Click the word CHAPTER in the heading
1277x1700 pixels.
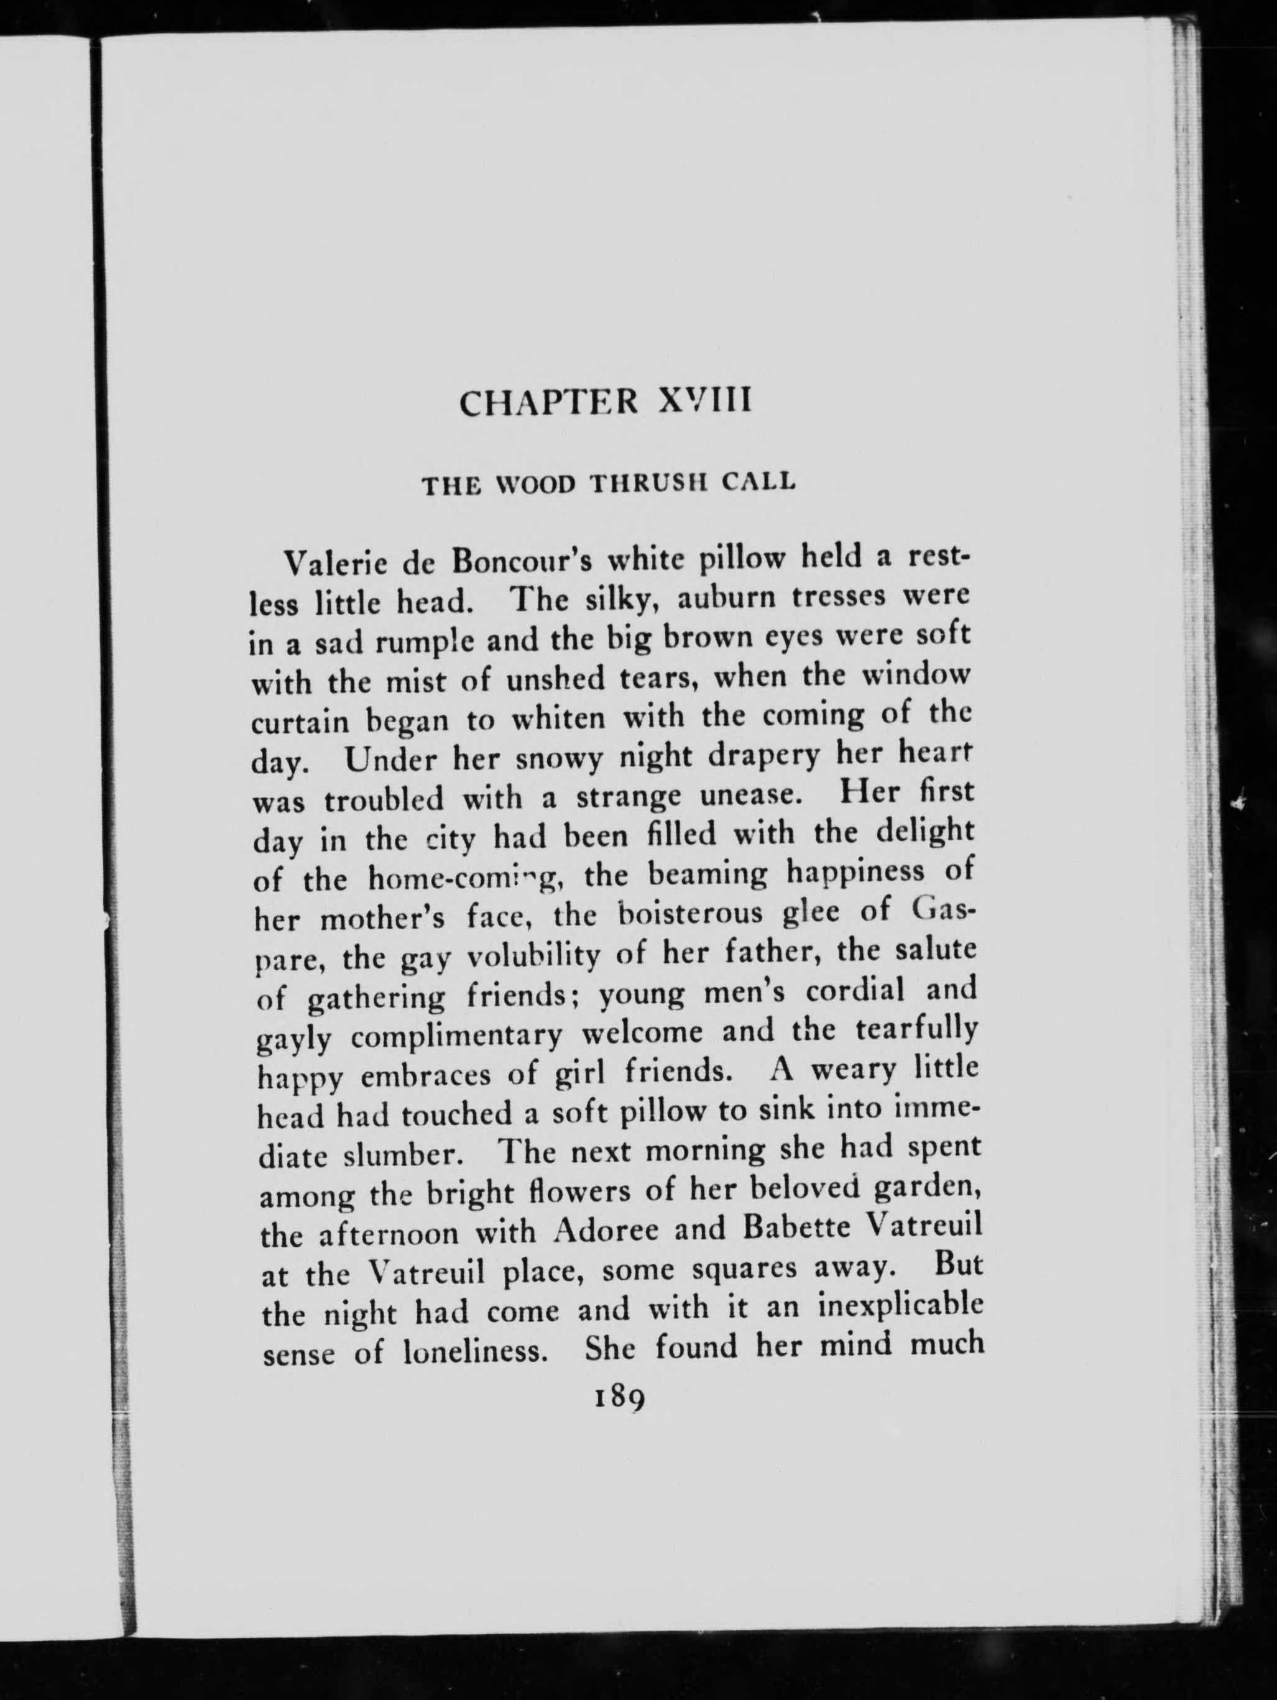(546, 403)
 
